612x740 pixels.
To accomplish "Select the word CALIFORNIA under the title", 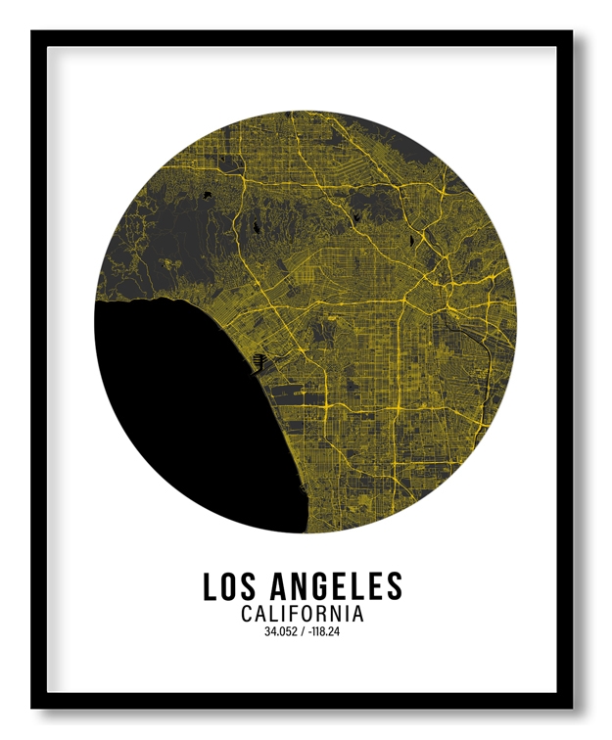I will (x=303, y=615).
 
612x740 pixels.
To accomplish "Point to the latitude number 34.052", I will (x=281, y=632).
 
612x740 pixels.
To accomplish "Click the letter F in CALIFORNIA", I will (x=296, y=615).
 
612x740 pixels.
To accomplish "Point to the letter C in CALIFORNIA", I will (x=247, y=615).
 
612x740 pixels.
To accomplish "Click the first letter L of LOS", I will (x=211, y=586).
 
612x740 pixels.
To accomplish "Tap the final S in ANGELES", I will (x=394, y=586).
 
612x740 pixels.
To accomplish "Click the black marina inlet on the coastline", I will (x=259, y=362).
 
